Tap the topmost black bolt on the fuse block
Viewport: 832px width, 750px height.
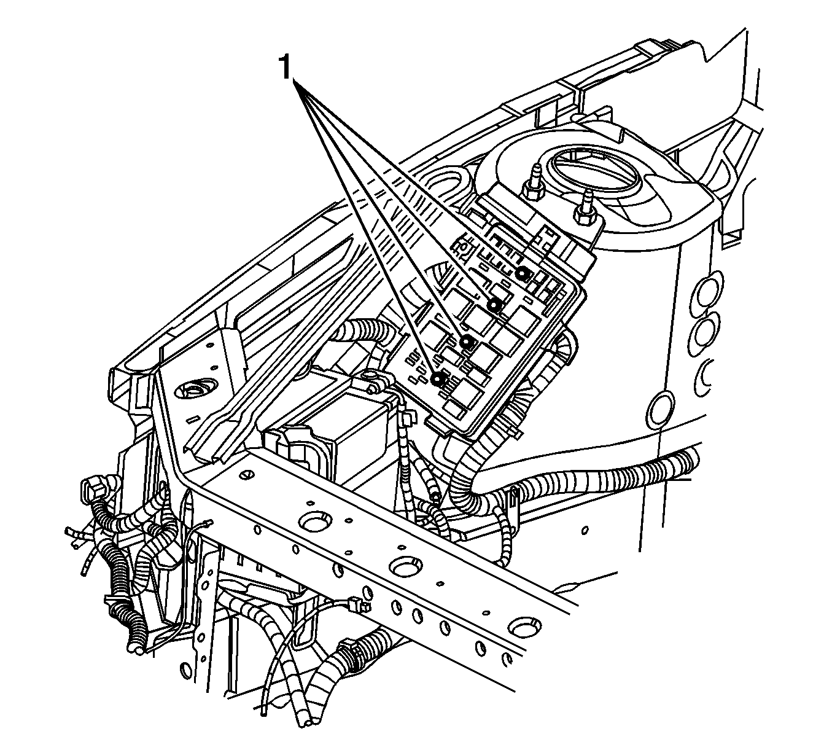521,273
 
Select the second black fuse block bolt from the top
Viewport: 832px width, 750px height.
494,305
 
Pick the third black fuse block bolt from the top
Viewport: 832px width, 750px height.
467,342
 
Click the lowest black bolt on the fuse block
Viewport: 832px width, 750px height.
438,378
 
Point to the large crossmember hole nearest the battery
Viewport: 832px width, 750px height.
317,521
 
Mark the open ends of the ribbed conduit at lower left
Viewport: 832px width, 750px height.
136,648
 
